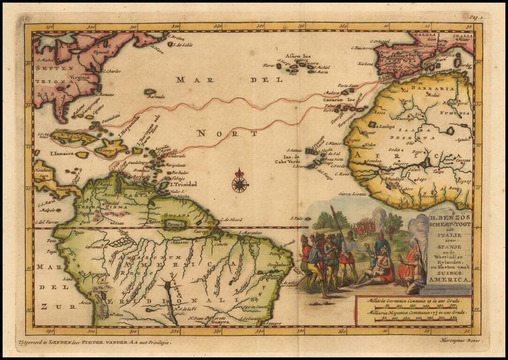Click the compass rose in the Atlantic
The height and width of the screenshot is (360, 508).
[240, 181]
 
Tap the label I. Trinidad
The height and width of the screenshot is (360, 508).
[183, 184]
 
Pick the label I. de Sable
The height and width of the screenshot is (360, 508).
[183, 45]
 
